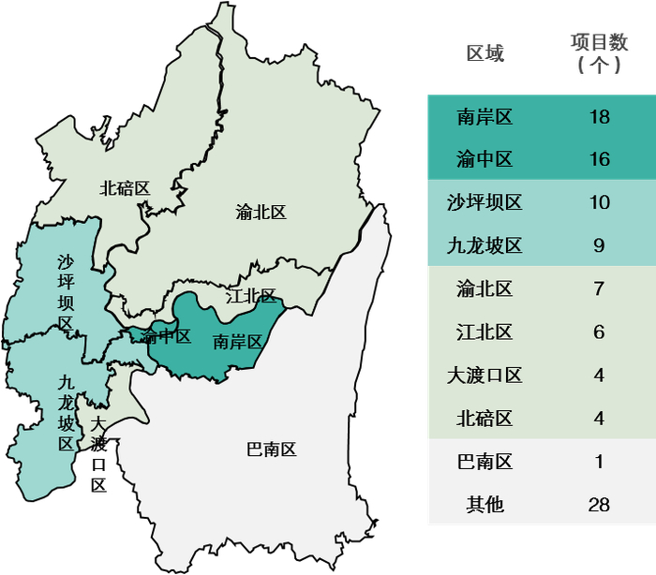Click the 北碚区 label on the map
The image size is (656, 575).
[125, 188]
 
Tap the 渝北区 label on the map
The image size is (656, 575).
[261, 213]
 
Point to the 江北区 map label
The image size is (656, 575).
[251, 297]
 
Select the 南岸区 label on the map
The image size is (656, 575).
[237, 341]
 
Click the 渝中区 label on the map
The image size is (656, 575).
[166, 336]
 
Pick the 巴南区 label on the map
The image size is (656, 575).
[271, 450]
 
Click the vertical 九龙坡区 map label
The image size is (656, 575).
[66, 413]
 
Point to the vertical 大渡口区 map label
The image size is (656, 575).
[98, 454]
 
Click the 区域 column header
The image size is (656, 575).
[485, 53]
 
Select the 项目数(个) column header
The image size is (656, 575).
[599, 53]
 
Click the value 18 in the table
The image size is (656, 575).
[599, 117]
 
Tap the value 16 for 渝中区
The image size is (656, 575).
[599, 160]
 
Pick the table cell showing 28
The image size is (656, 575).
[599, 505]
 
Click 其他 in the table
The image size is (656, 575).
[485, 505]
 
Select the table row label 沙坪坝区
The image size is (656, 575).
[485, 202]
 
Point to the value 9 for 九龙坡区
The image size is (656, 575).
[599, 246]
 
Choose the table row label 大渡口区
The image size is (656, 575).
[485, 376]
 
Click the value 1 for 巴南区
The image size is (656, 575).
[599, 462]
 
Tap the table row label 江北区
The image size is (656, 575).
[485, 332]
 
